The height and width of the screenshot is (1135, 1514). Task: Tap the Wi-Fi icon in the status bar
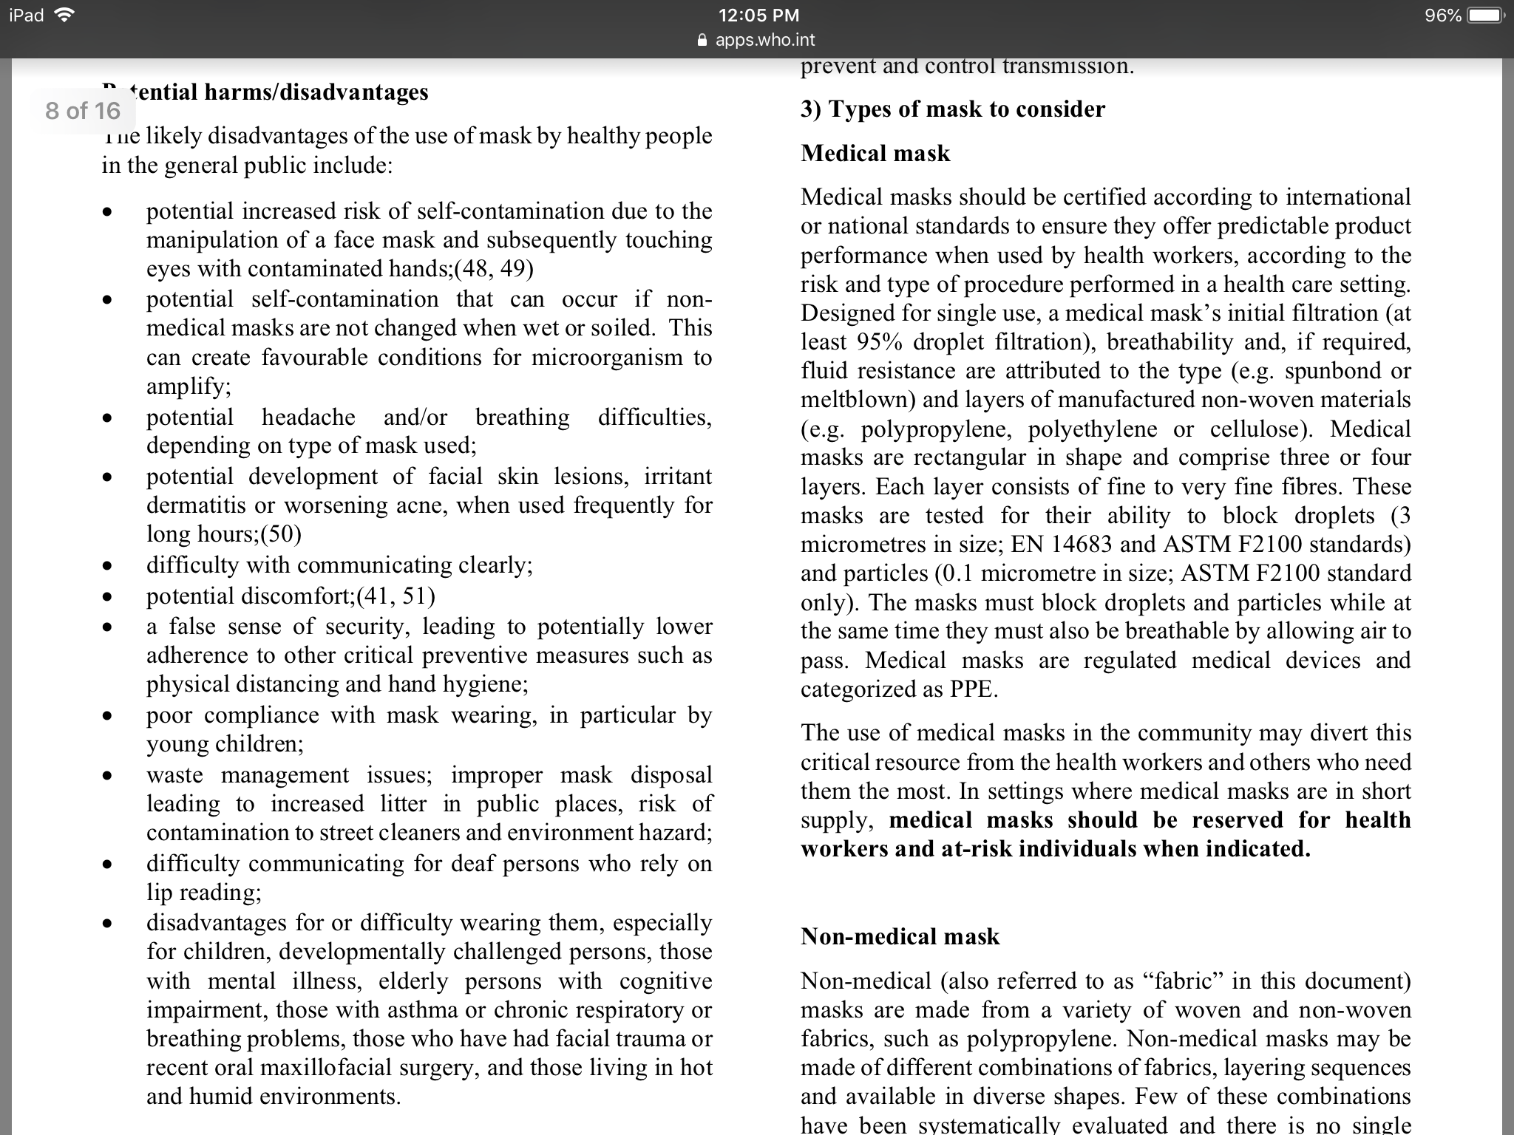point(66,16)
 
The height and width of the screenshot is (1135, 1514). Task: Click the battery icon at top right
point(1485,16)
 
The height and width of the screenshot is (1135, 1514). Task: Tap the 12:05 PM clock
point(758,16)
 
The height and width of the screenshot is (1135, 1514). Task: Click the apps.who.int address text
point(765,40)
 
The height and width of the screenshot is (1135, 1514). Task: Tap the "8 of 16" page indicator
point(82,111)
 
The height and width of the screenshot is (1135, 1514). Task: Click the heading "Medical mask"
point(875,153)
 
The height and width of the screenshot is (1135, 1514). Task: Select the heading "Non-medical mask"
point(900,936)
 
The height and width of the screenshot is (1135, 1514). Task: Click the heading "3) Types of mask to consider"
point(952,109)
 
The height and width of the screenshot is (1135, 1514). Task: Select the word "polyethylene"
point(1093,429)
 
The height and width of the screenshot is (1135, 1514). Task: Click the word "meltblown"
point(858,400)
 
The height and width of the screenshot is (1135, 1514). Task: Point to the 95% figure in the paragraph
point(880,341)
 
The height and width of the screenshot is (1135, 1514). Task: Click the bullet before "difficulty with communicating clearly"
point(108,566)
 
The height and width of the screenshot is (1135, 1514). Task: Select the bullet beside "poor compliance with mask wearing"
point(108,716)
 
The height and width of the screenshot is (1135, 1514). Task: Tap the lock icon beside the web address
point(703,40)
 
